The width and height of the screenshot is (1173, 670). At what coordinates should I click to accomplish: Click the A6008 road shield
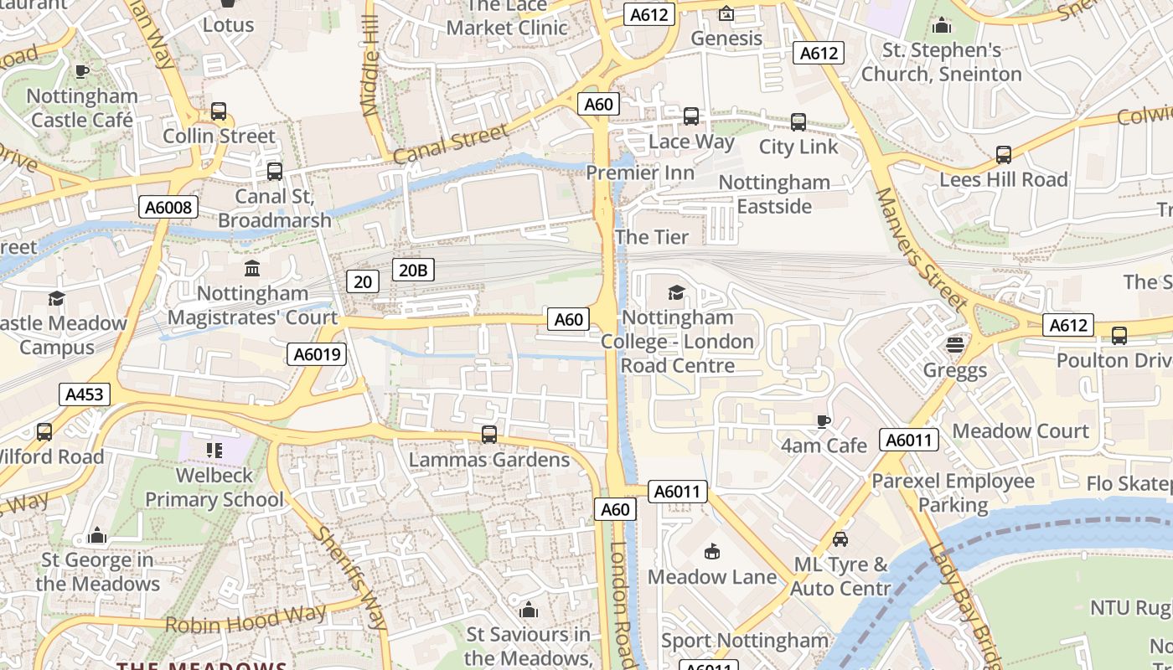[168, 207]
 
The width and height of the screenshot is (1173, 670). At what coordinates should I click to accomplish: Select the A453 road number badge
[85, 394]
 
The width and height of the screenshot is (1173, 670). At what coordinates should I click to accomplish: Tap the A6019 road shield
[318, 354]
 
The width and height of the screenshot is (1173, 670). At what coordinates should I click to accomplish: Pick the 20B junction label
[413, 270]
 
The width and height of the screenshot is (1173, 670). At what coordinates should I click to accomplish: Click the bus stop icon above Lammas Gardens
[489, 435]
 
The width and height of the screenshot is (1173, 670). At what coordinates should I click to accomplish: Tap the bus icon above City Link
[798, 122]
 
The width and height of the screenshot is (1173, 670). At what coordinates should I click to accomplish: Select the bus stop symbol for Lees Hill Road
[1003, 154]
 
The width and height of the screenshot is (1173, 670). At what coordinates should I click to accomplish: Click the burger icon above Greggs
[954, 344]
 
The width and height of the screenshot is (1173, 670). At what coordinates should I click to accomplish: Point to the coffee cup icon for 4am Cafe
[824, 420]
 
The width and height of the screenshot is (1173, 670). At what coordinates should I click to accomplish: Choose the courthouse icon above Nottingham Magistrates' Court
[252, 268]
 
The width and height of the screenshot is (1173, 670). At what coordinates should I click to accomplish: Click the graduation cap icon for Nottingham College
[676, 292]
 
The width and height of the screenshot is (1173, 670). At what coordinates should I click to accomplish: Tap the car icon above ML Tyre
[840, 539]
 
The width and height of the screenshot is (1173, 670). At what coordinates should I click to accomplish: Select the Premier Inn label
[640, 173]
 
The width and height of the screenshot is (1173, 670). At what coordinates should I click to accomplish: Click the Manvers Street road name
[920, 248]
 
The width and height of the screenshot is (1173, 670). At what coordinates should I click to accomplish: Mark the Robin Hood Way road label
[245, 619]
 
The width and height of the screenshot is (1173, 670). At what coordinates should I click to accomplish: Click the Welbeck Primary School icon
[214, 451]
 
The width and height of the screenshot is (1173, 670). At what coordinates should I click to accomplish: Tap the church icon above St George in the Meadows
[97, 535]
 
